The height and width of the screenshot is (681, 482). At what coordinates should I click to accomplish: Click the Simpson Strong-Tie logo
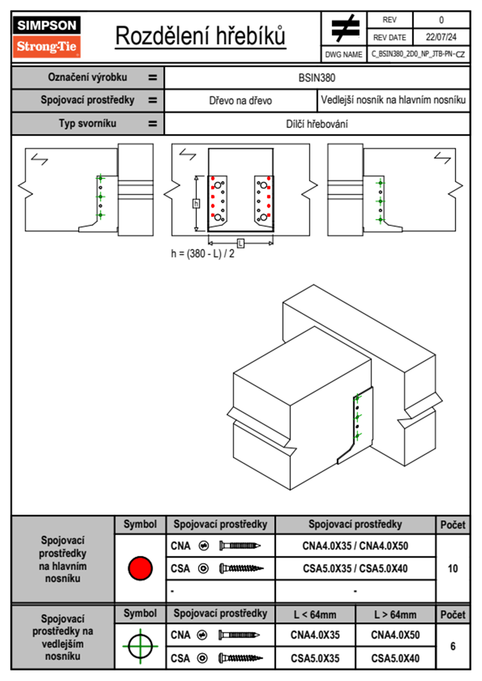pos(47,36)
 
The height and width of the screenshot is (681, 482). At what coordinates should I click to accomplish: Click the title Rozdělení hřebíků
pos(200,36)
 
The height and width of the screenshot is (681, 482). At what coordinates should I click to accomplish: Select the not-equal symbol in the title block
pos(345,29)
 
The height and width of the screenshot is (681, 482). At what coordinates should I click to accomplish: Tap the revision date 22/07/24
pos(441,37)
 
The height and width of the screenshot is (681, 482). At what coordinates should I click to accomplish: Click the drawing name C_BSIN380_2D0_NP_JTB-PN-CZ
pos(418,54)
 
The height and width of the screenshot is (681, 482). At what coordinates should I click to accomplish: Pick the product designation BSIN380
pos(317,78)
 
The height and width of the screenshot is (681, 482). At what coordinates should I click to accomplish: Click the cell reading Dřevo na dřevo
pos(240,100)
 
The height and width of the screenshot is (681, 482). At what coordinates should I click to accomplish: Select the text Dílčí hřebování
pos(317,124)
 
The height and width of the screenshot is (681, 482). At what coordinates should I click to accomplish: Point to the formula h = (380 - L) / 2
pos(203,254)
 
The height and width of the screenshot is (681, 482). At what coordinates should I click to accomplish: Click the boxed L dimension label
pos(241,243)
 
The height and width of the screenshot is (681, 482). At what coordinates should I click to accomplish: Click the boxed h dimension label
pos(196,203)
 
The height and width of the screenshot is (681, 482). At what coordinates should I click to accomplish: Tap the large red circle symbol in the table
pos(140,568)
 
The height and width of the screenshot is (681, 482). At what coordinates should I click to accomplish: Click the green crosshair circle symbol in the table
pos(140,646)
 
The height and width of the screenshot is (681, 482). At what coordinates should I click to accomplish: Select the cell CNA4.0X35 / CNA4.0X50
pos(355,546)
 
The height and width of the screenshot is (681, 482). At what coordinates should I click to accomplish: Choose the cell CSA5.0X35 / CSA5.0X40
pos(355,568)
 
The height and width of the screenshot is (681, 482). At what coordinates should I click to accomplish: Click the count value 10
pos(452,568)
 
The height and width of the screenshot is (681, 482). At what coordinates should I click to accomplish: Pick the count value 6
pos(452,646)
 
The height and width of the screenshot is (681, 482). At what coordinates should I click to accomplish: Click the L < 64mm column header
pos(315,615)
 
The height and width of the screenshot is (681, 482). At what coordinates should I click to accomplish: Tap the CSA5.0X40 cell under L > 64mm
pos(395,658)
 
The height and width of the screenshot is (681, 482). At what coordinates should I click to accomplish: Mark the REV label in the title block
pos(389,20)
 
